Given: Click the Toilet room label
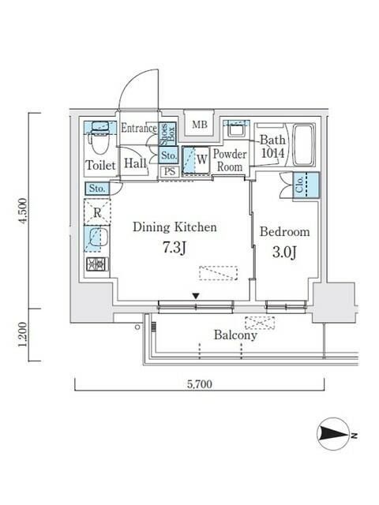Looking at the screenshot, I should click(100, 165).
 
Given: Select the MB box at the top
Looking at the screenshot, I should click(200, 124).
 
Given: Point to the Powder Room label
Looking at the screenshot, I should click(230, 160).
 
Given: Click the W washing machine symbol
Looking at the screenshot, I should click(202, 159).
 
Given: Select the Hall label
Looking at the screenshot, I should click(134, 164).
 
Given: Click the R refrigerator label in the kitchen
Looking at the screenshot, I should click(96, 211).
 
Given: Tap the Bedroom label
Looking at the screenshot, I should click(284, 232).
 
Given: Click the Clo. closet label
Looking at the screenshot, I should click(300, 185).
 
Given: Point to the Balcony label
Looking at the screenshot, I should click(235, 335).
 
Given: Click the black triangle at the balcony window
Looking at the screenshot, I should click(195, 297).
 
